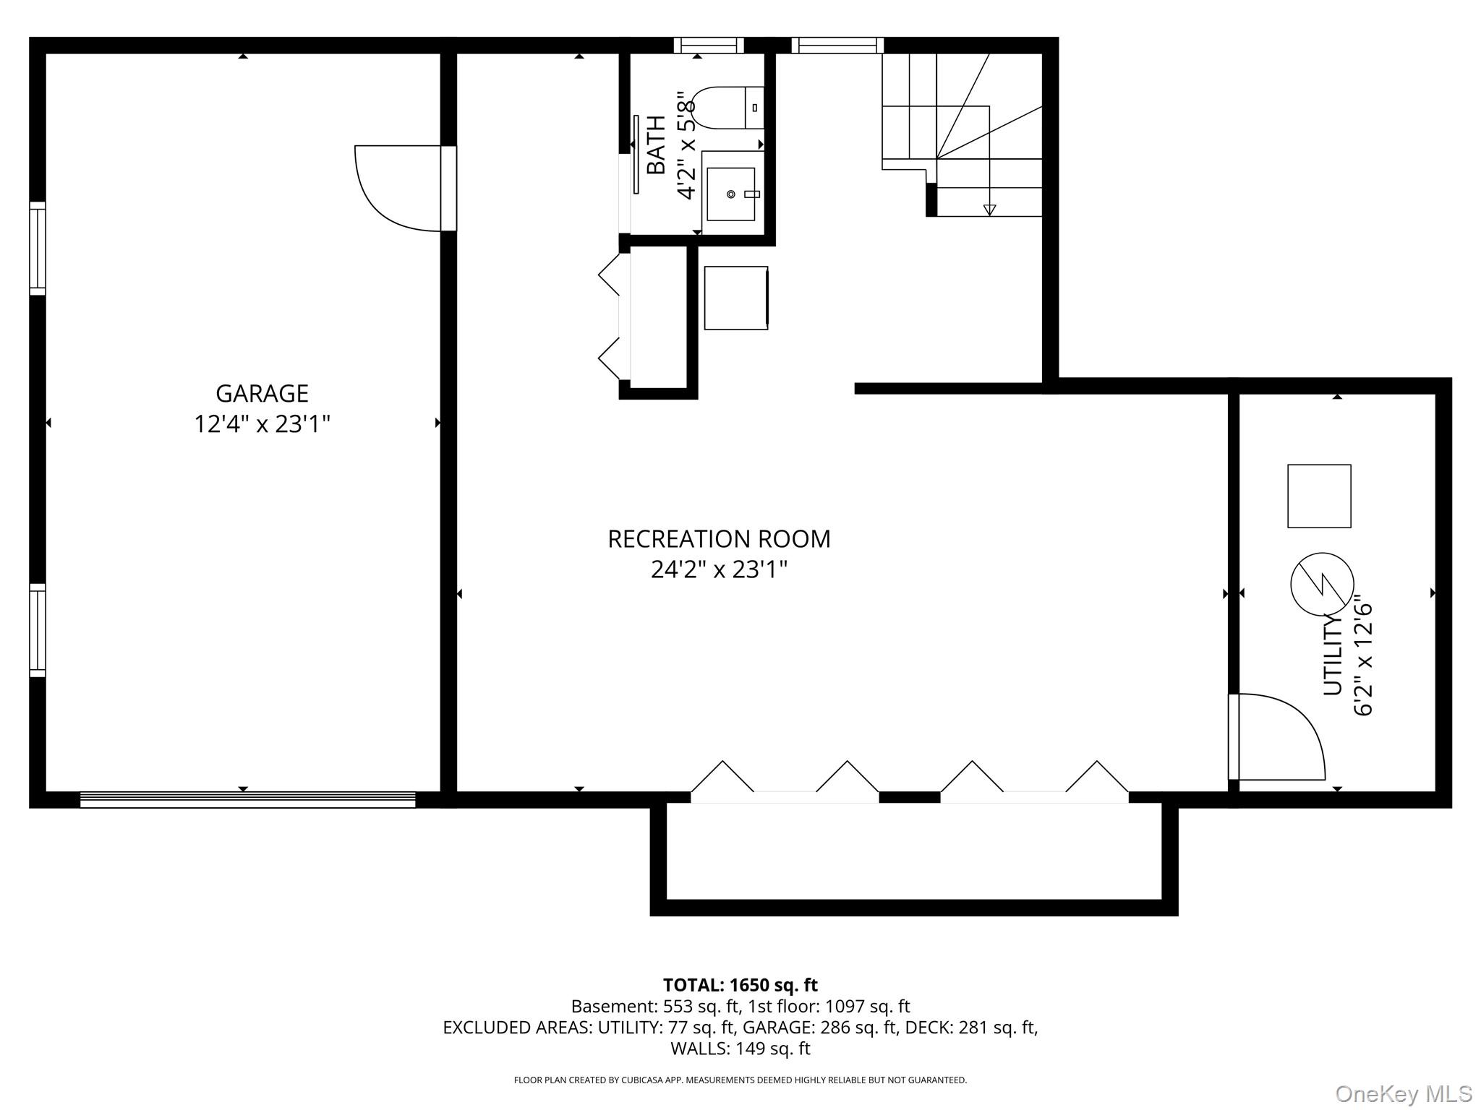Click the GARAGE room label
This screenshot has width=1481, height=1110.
point(262,393)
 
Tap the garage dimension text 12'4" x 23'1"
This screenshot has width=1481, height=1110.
point(262,424)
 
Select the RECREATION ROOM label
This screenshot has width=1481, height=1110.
point(719,539)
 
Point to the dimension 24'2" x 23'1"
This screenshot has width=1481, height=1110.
point(719,570)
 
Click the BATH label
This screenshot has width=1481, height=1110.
point(656,145)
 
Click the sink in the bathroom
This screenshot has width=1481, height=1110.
point(731,194)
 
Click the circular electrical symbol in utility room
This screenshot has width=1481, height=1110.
point(1322,584)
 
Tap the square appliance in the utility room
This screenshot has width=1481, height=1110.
point(1319,496)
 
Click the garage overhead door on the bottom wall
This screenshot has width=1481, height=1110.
point(247,799)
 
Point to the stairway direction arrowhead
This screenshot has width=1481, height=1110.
point(989,210)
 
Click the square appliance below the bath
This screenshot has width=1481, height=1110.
point(736,298)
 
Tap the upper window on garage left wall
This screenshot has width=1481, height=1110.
point(37,249)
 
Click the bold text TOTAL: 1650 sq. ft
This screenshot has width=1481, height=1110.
point(740,985)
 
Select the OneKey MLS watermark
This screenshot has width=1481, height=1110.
point(1404,1094)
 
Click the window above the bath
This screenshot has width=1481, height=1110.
point(709,46)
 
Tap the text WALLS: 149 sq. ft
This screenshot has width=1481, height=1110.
point(740,1049)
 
